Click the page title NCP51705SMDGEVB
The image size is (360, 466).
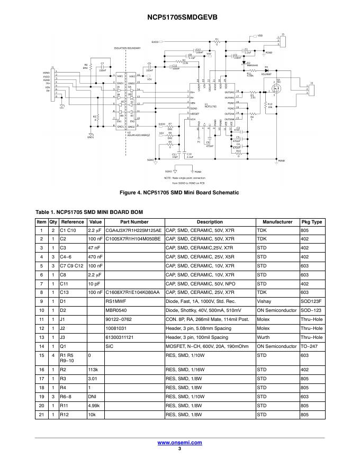(x=179, y=17)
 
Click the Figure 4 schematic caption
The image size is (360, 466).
(x=179, y=192)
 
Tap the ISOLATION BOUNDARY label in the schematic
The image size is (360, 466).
(x=127, y=48)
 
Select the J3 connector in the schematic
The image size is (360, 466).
(x=282, y=40)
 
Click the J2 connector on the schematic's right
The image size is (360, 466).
(x=311, y=89)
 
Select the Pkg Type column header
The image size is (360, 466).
(x=312, y=222)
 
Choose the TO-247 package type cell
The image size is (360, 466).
(x=312, y=346)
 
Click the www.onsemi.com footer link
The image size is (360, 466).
(x=179, y=442)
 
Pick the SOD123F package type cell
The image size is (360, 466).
(x=312, y=301)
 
